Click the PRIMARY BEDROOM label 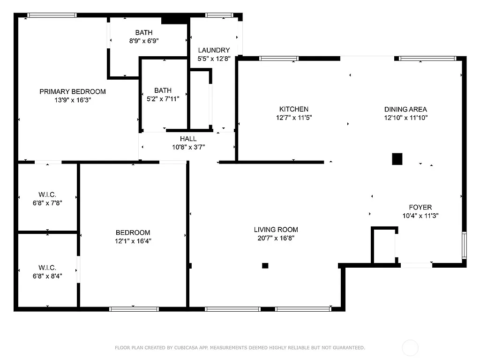click(72, 91)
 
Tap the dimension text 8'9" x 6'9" click(143, 41)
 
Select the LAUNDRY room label click(214, 50)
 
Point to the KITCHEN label click(294, 109)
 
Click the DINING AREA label click(405, 109)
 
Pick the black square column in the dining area click(397, 159)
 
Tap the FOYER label click(420, 207)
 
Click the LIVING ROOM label click(276, 230)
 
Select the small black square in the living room click(265, 265)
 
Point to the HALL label click(188, 139)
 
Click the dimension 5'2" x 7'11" click(163, 98)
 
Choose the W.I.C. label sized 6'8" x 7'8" click(47, 195)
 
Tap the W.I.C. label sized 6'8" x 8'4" click(47, 268)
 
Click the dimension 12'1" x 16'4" click(133, 241)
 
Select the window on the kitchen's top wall click(279, 59)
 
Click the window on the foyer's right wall click(464, 245)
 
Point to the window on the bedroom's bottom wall click(134, 309)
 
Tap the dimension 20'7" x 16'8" click(276, 238)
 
